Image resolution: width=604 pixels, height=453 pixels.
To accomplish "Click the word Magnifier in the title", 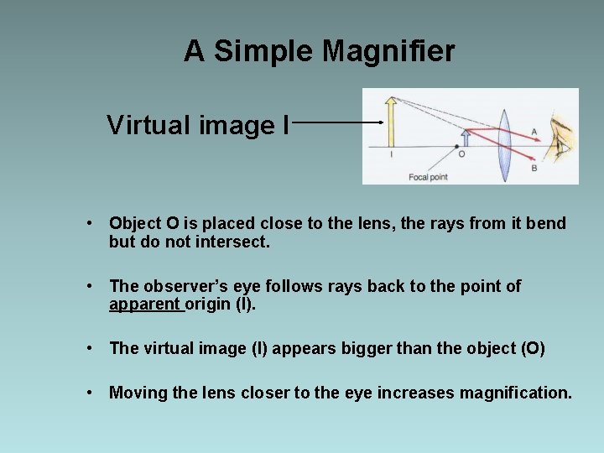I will [388, 52].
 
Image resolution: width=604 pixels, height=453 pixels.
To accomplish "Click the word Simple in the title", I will [263, 52].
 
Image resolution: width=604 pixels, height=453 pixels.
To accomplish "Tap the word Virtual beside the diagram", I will [149, 126].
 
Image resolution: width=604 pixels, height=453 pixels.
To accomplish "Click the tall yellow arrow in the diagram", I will [390, 122].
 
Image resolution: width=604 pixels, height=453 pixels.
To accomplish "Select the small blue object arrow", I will [466, 138].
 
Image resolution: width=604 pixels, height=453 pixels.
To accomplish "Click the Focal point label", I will [428, 177].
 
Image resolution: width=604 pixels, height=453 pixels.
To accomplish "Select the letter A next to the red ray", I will [534, 132].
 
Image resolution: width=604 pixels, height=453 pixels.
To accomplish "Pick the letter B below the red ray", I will [534, 168].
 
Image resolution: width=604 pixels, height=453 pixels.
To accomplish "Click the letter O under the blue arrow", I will [461, 154].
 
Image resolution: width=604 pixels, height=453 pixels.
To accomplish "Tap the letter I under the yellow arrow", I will [391, 154].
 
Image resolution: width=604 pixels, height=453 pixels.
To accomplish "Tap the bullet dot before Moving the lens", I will [89, 392].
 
